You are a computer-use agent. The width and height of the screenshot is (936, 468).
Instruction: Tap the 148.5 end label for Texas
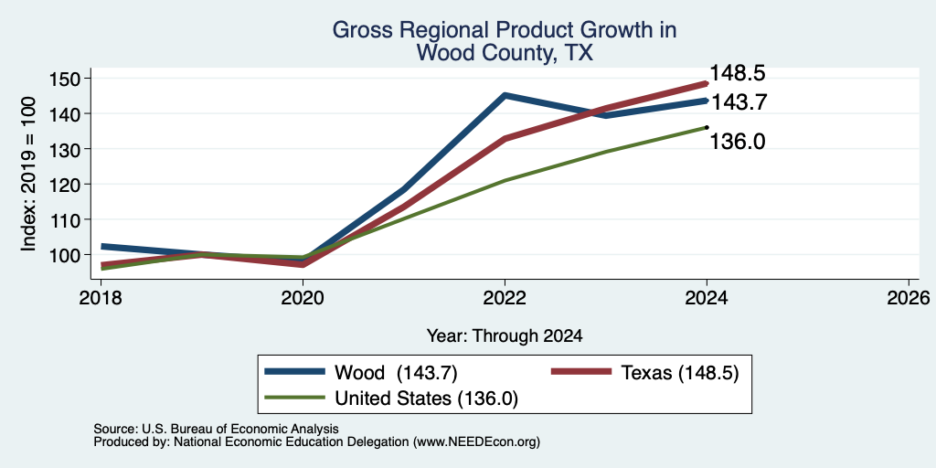click(738, 73)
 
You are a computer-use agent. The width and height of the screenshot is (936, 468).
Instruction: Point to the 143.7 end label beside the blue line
click(738, 102)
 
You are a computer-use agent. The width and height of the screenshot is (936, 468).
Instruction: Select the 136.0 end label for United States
click(738, 142)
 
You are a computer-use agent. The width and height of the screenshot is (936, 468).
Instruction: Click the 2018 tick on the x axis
click(101, 297)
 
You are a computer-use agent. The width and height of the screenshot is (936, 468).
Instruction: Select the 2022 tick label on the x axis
click(505, 297)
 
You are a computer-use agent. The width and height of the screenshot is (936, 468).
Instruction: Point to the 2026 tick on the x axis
click(909, 297)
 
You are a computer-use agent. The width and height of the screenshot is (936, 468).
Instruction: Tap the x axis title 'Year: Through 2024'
click(505, 336)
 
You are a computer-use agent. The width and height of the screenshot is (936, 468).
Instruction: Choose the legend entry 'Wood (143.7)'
click(361, 373)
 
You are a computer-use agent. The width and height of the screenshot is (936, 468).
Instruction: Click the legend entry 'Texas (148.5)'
click(644, 373)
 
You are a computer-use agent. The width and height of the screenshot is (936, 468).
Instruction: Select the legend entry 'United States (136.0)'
click(391, 399)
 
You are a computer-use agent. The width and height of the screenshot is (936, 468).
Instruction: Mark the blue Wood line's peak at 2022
click(505, 95)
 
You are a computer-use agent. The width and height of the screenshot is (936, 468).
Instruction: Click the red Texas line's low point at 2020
click(303, 264)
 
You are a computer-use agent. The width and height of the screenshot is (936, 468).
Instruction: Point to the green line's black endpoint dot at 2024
click(707, 127)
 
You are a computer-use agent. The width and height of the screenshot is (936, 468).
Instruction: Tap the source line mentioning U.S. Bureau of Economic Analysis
click(216, 429)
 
